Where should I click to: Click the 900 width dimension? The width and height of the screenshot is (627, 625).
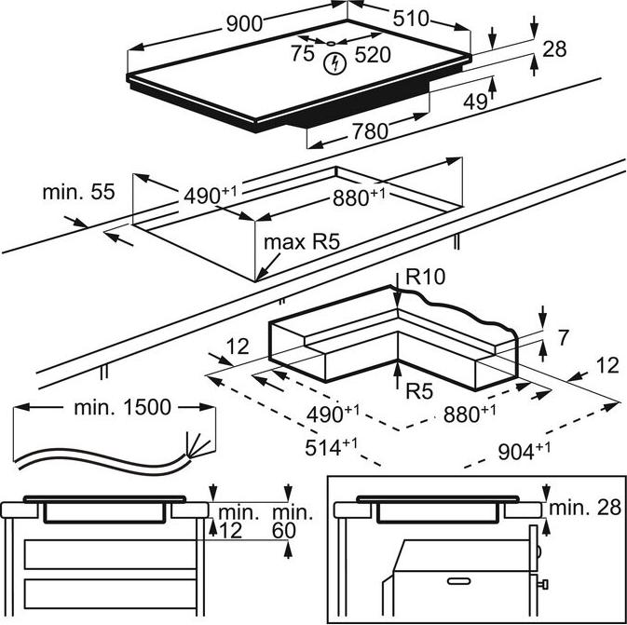[244, 23]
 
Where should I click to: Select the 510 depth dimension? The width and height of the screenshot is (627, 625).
[411, 19]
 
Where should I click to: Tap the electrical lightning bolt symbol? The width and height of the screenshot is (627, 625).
[334, 63]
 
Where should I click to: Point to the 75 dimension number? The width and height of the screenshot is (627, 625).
[302, 54]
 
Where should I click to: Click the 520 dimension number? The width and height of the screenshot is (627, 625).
[373, 54]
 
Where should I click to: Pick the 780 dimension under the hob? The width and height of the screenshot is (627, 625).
[370, 131]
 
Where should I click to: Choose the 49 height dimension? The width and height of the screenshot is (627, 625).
[475, 102]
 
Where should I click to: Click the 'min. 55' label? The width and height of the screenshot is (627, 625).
[79, 192]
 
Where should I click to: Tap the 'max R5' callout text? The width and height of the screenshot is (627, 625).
[302, 242]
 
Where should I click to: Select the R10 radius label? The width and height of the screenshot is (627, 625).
[425, 277]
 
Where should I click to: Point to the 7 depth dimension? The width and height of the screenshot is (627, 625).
[563, 337]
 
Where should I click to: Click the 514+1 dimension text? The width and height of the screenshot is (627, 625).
[332, 447]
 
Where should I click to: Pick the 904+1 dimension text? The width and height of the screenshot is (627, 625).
[524, 451]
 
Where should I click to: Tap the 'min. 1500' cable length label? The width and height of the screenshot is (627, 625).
[122, 407]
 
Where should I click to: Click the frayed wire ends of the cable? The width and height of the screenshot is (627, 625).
[198, 445]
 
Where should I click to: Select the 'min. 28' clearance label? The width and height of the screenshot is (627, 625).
[585, 508]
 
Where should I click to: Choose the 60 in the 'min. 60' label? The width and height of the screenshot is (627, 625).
[284, 530]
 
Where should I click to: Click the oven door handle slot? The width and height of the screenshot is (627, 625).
[458, 580]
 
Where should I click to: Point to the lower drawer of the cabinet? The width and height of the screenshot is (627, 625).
[110, 594]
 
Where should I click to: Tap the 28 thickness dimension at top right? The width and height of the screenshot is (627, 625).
[554, 48]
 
